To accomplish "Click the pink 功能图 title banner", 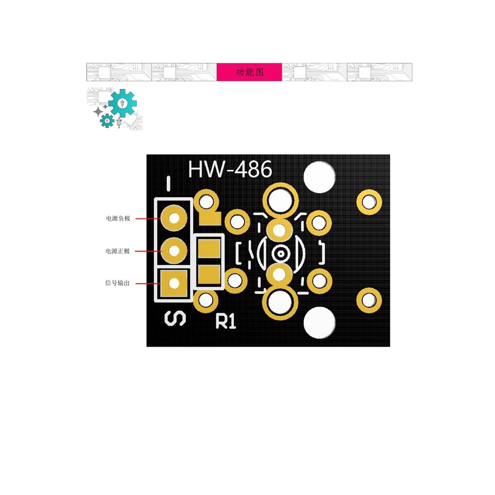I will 249,72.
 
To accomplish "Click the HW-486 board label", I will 230,170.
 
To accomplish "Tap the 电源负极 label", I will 118,218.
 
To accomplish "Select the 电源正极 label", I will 118,251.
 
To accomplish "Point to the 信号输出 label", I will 117,283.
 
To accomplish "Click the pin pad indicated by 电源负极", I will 174,218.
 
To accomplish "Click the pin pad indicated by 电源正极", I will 174,251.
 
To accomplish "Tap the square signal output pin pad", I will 174,283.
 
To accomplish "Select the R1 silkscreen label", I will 226,321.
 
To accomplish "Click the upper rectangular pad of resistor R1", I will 209,249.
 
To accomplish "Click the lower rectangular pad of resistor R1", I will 209,274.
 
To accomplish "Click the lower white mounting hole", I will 319,322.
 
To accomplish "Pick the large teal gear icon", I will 122,103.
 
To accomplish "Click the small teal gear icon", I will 107,120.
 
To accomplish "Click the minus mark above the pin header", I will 168,184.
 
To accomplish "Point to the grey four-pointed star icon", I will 98,112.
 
